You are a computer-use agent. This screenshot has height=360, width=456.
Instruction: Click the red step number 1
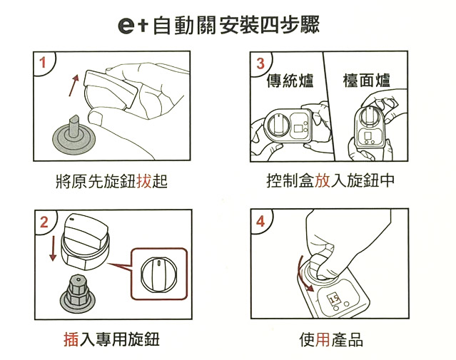click(x=43, y=63)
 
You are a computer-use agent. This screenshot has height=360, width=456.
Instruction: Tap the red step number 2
click(x=44, y=222)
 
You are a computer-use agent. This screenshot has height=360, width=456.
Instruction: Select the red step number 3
click(x=260, y=63)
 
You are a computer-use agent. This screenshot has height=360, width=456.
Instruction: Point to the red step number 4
click(x=260, y=222)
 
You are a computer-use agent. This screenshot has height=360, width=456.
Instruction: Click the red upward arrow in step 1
click(x=74, y=86)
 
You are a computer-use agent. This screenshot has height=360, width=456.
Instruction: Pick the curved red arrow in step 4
click(x=304, y=274)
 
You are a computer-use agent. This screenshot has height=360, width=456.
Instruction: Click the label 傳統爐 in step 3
click(x=290, y=81)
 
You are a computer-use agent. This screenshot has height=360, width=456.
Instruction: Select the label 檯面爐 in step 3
click(x=366, y=81)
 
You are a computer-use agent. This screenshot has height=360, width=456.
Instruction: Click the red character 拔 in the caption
click(x=143, y=181)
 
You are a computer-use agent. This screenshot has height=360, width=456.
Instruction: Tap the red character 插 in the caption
click(x=71, y=339)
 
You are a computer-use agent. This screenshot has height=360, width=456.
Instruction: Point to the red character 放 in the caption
click(x=323, y=180)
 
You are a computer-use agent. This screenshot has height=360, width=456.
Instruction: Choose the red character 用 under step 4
click(x=323, y=339)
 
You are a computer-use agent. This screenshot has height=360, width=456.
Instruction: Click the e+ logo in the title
click(x=133, y=25)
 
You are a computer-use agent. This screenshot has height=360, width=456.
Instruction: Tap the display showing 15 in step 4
click(x=334, y=299)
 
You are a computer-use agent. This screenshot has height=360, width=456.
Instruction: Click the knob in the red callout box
click(x=158, y=274)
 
